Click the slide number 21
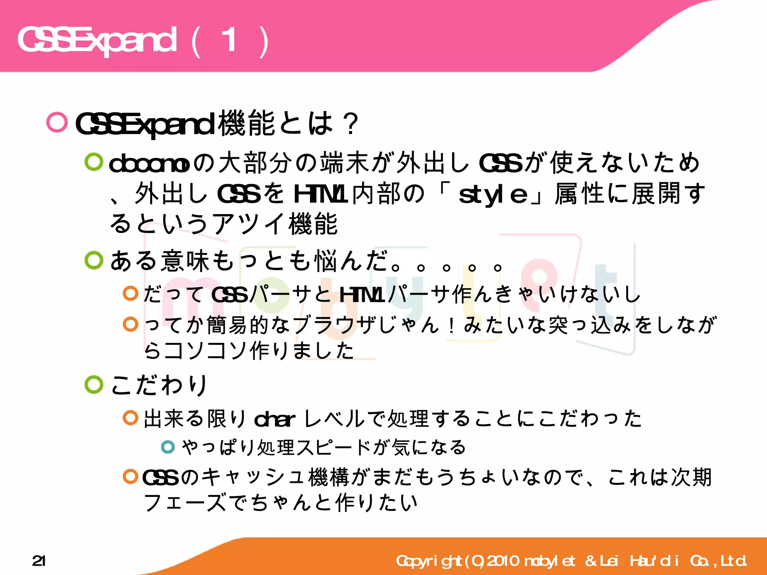(x=39, y=561)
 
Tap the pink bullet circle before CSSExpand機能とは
(x=57, y=122)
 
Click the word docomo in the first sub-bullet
(x=149, y=164)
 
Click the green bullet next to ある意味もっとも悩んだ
(x=94, y=260)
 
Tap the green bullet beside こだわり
(x=94, y=385)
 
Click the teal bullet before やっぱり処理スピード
(x=168, y=447)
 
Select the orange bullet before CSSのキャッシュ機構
(x=131, y=477)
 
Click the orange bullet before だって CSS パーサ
(x=131, y=293)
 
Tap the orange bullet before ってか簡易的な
(x=131, y=324)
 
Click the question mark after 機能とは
(x=351, y=124)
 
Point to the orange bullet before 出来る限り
(x=131, y=418)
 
